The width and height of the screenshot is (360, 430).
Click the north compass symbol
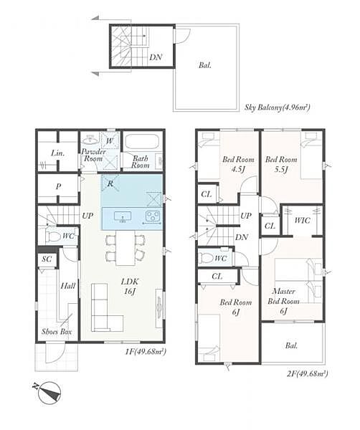tap(49, 393)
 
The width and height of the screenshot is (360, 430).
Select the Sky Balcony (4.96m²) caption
tap(277, 107)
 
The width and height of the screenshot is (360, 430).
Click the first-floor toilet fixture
tap(52, 236)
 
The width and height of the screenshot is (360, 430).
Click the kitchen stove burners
tap(153, 215)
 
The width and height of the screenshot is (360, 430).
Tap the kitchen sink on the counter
tap(123, 216)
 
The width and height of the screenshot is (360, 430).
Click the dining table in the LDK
tap(125, 248)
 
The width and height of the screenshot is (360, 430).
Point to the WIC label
tap(302, 220)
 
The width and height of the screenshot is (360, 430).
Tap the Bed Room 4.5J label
tap(238, 164)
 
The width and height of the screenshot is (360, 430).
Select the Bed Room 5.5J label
tap(281, 164)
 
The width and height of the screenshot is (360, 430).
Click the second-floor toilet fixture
tap(207, 258)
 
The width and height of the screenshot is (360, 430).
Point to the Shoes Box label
tap(57, 332)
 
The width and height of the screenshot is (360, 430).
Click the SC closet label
tap(47, 259)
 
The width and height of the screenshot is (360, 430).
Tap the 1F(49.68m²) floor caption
tap(146, 352)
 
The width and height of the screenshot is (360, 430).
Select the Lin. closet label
tap(58, 153)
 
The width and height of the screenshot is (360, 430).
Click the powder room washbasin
tap(90, 140)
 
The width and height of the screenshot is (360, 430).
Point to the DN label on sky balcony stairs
tap(156, 57)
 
